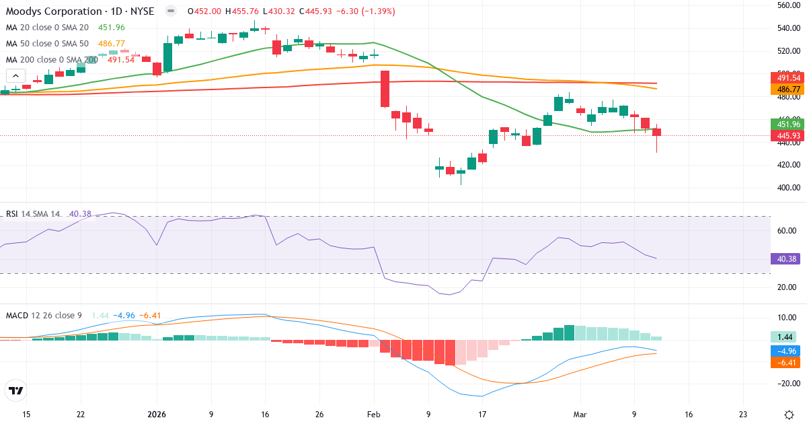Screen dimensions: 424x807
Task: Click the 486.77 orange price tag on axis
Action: click(x=787, y=90)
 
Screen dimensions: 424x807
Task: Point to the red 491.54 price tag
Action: click(x=787, y=78)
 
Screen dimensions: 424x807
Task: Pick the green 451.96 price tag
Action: click(x=787, y=125)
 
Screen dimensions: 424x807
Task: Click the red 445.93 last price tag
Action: click(x=787, y=136)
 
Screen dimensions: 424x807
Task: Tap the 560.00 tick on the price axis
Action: click(x=787, y=5)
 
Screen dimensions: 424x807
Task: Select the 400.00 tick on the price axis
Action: click(x=787, y=187)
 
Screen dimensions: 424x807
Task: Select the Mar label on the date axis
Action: click(x=580, y=415)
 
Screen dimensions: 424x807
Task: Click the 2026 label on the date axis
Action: click(x=157, y=415)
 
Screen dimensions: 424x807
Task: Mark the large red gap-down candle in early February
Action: click(x=385, y=89)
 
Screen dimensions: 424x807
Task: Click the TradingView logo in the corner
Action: click(x=16, y=390)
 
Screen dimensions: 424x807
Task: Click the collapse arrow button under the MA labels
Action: click(x=15, y=76)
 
